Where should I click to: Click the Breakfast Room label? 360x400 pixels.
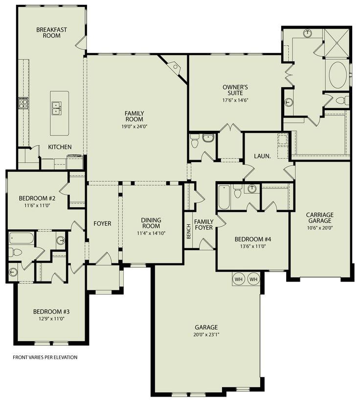click(51, 32)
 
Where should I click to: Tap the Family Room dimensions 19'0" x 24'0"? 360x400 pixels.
click(135, 126)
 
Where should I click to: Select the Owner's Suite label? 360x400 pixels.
click(235, 90)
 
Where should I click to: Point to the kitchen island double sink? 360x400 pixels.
click(57, 108)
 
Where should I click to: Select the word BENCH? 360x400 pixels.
click(189, 232)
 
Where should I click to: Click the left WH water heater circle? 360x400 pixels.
click(239, 279)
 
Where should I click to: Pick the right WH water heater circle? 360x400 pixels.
click(253, 279)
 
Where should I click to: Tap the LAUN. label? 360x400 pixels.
click(263, 156)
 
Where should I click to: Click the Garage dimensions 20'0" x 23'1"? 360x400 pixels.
click(206, 334)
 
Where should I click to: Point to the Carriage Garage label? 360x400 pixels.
click(320, 217)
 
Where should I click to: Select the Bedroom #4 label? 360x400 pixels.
click(253, 239)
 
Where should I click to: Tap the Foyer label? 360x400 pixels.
click(102, 223)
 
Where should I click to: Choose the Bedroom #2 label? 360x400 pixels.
click(37, 198)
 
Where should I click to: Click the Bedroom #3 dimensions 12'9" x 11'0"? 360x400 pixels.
click(51, 319)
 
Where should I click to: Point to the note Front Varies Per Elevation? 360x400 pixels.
click(45, 357)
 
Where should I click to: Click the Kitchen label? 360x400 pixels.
click(60, 147)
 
